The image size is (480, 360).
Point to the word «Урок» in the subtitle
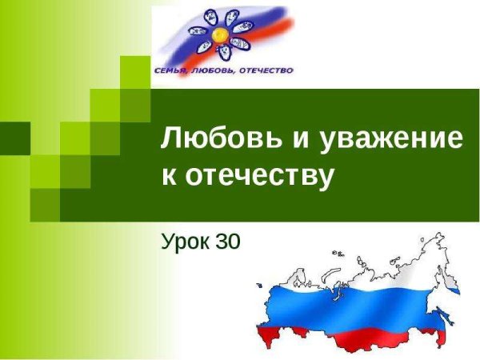tap(186, 241)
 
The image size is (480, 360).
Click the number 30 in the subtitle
tap(228, 241)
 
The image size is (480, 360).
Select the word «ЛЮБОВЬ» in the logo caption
tap(210, 70)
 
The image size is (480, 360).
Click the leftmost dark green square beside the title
tap(14, 138)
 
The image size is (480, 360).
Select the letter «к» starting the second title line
tap(168, 177)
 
